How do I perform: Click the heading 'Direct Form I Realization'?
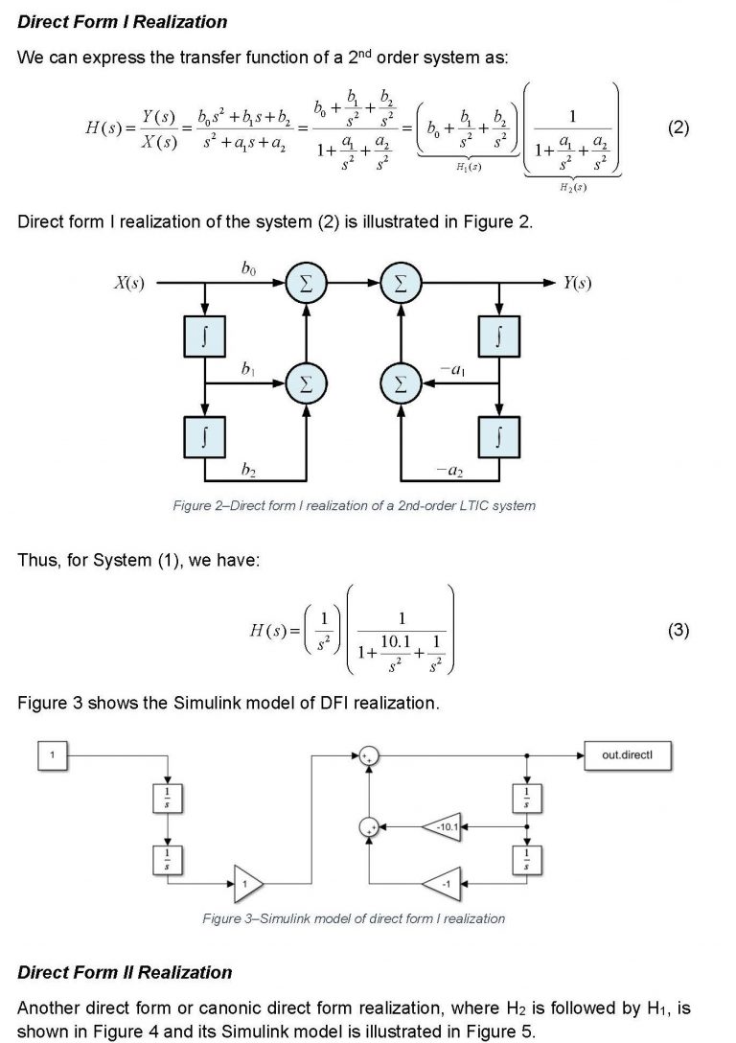tap(123, 21)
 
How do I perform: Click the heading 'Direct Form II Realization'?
tap(125, 972)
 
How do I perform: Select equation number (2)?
tap(678, 128)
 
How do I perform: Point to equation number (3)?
tap(678, 630)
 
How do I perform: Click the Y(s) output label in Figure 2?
tap(577, 283)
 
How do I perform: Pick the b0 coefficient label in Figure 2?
tap(249, 271)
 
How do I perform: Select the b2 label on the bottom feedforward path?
tap(249, 469)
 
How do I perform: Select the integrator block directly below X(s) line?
tap(204, 336)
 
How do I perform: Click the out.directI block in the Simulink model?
tap(627, 755)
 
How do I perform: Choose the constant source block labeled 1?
tap(53, 755)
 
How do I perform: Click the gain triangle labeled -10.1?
tap(443, 826)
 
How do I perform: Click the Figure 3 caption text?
tap(354, 918)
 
